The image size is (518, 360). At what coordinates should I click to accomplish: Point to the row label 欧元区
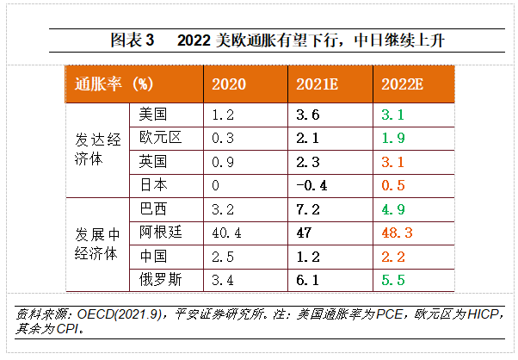(158, 138)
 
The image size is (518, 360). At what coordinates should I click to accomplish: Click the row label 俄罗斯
(158, 279)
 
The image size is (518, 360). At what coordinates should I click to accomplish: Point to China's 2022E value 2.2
(393, 256)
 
